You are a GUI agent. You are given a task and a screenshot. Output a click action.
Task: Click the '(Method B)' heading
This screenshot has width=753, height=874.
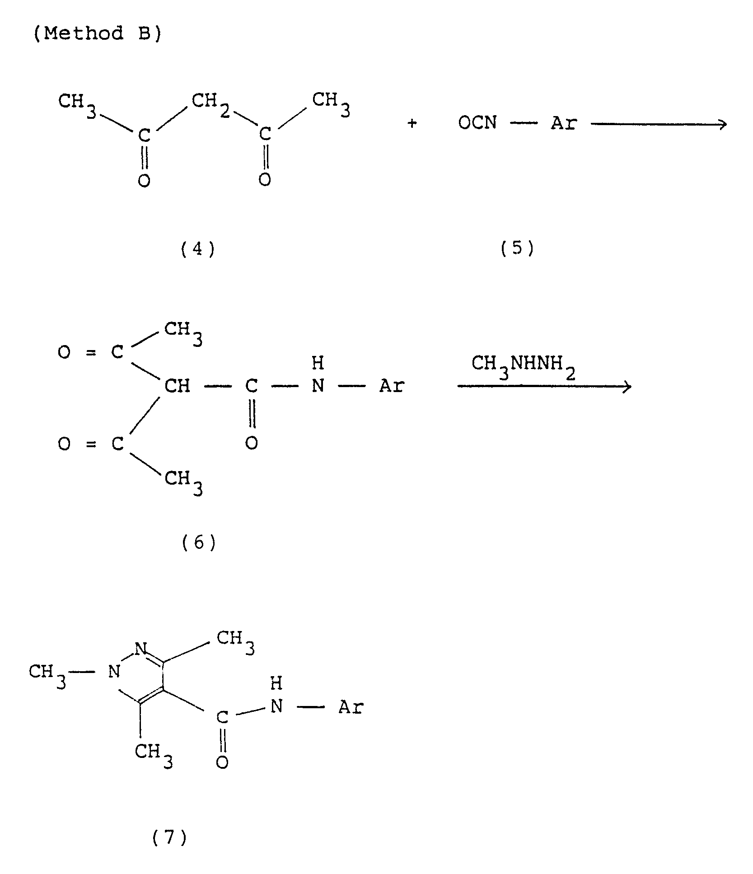[x=97, y=34]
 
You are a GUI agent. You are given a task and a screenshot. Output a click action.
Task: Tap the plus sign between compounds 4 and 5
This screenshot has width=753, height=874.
[x=412, y=123]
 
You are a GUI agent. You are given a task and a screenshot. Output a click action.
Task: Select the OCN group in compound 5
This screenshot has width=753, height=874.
[x=477, y=123]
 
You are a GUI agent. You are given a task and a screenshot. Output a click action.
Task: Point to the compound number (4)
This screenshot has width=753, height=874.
[x=197, y=249]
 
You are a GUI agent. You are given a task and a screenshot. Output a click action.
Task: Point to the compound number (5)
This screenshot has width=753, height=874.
[x=517, y=248]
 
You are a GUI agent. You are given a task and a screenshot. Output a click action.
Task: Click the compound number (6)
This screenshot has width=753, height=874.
[x=199, y=542]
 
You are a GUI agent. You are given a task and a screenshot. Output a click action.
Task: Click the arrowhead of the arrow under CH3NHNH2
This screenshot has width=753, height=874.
[x=627, y=386]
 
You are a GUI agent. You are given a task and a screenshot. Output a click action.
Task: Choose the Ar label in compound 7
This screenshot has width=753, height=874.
[x=351, y=707]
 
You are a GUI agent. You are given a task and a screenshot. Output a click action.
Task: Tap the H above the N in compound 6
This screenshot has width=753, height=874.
[x=318, y=363]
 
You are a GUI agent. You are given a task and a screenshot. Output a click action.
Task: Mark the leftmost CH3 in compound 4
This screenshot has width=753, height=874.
[x=77, y=103]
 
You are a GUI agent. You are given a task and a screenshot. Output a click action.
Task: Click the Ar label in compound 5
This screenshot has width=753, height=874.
[x=563, y=123]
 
